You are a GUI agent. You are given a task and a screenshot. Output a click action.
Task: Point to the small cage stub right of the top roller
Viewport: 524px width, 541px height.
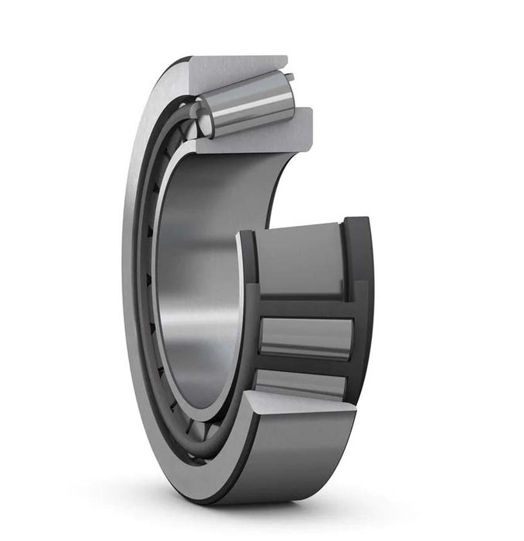[x=290, y=78]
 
